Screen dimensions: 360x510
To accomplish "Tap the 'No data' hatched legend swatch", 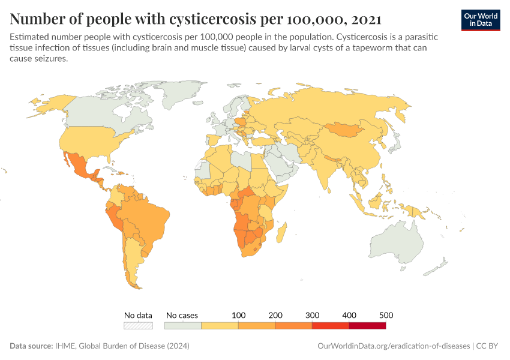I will pos(138,325).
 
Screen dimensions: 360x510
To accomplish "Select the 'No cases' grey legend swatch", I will pos(182,325).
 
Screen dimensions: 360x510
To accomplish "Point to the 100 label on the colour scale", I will pos(238,315).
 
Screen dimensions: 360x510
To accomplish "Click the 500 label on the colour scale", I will pos(385,315).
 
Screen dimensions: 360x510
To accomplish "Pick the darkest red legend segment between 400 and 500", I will pos(367,325).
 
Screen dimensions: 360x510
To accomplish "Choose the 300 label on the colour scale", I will pos(312,315).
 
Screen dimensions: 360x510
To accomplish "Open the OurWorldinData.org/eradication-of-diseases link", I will pos(392,346).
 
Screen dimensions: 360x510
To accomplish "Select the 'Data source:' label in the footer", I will pos(30,346).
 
